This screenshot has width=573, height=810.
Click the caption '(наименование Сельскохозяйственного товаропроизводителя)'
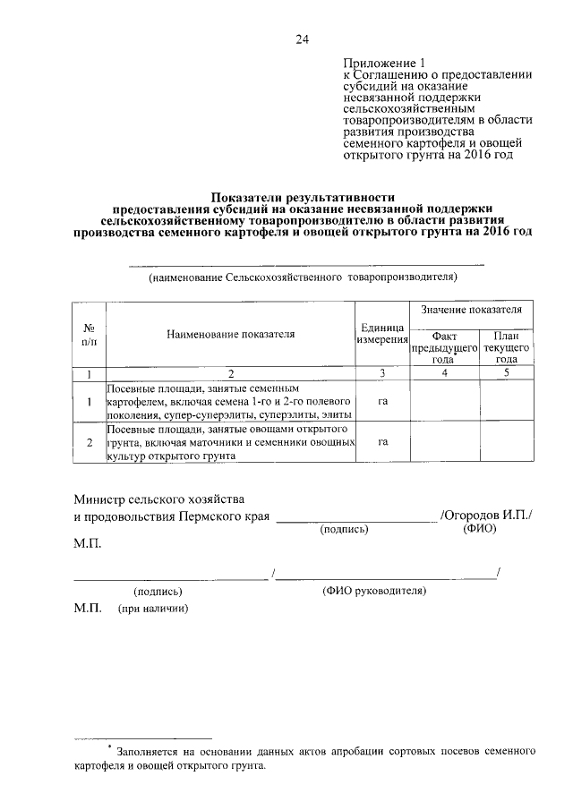pos(304,277)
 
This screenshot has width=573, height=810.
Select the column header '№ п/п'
pos(90,334)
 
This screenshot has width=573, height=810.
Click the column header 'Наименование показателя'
pos(230,334)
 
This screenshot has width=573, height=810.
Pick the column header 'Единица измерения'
pos(382,334)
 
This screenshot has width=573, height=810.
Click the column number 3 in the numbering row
pos(382,372)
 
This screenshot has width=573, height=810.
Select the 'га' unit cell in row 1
pos(382,402)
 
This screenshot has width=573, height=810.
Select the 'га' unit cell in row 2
pos(382,442)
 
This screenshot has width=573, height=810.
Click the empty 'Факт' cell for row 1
pos(444,402)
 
